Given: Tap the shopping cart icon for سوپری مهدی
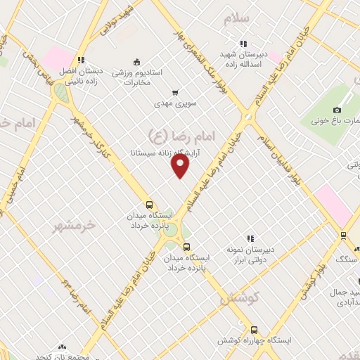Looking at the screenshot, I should pos(175,92).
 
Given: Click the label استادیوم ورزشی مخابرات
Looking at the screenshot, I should pos(138,77).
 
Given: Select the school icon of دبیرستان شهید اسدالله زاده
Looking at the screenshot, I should pos(244,43).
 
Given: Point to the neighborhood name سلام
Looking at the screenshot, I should pos(237,19).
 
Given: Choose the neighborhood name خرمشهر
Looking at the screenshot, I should pos(75,226).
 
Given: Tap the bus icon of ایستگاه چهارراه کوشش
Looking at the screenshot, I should pos(254,329).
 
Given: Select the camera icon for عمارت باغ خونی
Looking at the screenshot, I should pos(337,110).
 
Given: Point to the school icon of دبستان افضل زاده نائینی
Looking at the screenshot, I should pos(82,60).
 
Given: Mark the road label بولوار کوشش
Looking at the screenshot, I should pos(311,278).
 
